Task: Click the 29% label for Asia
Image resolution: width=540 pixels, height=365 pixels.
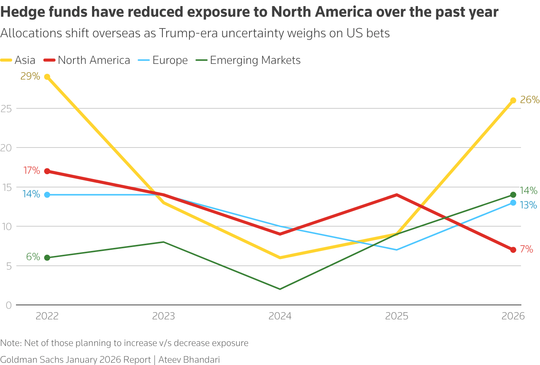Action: coord(30,76)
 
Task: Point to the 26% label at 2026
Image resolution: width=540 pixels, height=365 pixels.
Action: coord(530,100)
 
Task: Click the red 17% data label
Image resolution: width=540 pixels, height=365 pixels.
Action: coord(32,170)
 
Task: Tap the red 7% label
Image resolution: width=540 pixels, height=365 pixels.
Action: coord(526,249)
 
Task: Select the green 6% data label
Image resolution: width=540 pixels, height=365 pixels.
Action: coord(33,257)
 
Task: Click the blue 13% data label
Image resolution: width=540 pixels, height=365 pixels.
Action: coord(528,205)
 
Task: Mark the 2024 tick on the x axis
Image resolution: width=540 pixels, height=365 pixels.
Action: coord(280,316)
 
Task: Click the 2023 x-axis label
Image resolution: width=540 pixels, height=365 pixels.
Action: coord(164,316)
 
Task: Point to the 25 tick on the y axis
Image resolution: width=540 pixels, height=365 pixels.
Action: coord(6,108)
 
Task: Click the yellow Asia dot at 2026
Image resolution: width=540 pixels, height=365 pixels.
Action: coord(513,100)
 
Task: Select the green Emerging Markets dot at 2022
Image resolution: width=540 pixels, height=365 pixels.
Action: coord(47,258)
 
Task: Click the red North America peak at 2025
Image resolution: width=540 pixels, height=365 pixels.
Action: coord(397,195)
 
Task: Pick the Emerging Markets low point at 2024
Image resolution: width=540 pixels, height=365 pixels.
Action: coord(280,289)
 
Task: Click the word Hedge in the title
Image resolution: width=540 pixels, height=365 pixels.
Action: coord(21,13)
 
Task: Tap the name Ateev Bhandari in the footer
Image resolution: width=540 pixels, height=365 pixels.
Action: coord(189,360)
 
